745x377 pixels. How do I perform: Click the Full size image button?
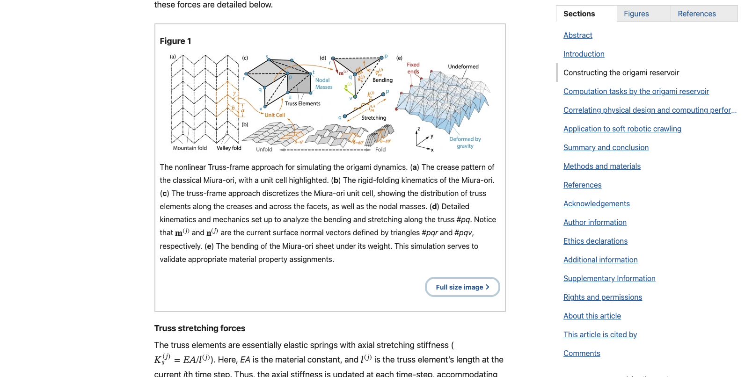point(462,287)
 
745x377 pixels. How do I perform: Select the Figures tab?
point(636,14)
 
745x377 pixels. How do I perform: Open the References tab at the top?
point(696,14)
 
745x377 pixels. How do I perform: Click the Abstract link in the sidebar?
point(577,35)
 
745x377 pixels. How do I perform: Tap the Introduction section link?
point(584,54)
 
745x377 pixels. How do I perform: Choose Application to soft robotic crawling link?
point(622,129)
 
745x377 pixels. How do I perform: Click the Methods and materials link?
point(602,166)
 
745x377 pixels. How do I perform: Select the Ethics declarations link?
point(595,241)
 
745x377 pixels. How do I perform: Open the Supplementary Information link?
point(609,278)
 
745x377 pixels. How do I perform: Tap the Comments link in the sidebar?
point(581,353)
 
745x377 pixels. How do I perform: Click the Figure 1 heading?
point(175,41)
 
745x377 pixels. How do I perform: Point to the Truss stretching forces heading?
point(199,328)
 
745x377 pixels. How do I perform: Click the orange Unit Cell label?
point(275,115)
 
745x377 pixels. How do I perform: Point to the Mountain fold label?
point(190,148)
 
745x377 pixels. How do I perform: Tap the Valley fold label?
point(229,148)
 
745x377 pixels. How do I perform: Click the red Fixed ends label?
point(413,68)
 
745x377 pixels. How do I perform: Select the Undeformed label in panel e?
point(463,66)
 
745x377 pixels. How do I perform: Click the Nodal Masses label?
point(323,84)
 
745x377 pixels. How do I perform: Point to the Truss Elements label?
point(302,104)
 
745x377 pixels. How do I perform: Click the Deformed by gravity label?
point(465,143)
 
